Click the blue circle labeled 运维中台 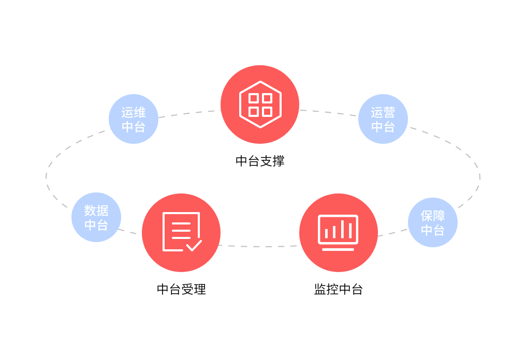134,119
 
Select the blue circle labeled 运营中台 383,119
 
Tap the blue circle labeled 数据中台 96,217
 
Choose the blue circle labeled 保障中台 433,222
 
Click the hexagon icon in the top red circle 260,104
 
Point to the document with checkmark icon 181,232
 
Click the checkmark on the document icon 194,245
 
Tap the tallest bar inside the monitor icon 342,229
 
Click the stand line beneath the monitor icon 338,249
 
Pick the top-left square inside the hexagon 253,98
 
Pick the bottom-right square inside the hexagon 267,112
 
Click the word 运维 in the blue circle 134,112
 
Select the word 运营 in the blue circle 383,112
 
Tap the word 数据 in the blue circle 96,211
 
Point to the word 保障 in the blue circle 433,216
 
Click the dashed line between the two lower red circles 259,246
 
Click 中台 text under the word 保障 433,230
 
